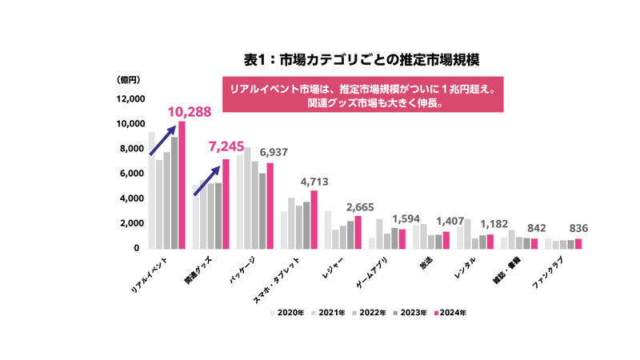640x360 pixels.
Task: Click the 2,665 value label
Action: (x=358, y=207)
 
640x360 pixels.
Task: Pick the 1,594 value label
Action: (x=402, y=218)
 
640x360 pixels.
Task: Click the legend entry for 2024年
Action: (x=450, y=313)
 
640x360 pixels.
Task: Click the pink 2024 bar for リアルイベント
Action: (x=182, y=185)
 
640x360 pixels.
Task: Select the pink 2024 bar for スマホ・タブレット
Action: (x=314, y=219)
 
